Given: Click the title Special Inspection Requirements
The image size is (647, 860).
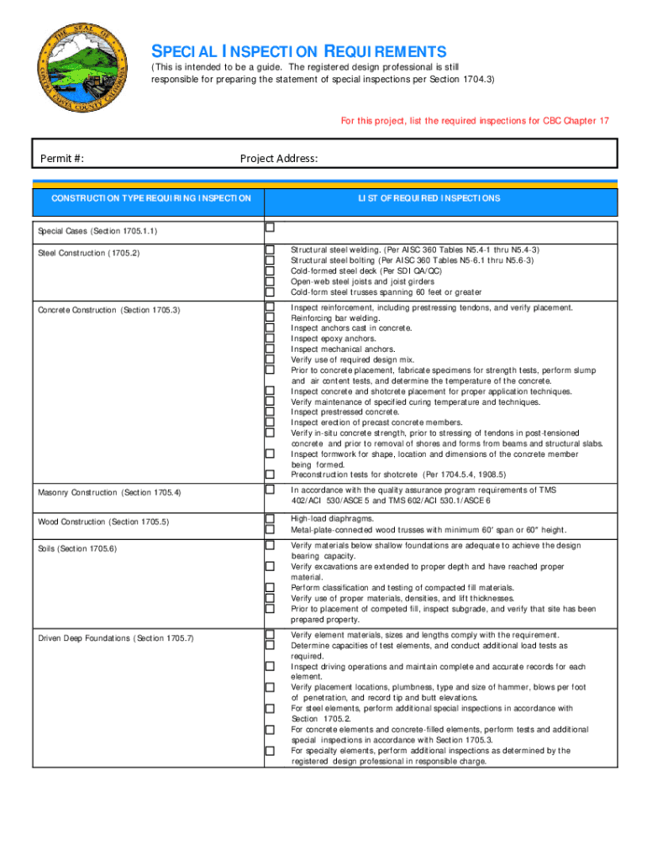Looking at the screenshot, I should tap(298, 51).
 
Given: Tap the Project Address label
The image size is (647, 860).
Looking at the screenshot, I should tap(279, 159).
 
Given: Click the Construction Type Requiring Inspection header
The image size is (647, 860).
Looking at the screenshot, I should tap(151, 198).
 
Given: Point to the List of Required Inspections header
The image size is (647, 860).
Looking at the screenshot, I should tap(429, 198).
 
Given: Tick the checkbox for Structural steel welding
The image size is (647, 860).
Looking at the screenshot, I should tap(271, 250).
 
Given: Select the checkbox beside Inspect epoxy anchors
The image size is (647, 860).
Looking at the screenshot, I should tap(271, 338).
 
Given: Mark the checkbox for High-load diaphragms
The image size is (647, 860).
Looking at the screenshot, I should tap(271, 519).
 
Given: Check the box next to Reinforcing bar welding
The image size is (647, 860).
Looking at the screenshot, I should tap(271, 317).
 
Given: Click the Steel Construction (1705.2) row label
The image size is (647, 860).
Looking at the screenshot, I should tap(88, 253).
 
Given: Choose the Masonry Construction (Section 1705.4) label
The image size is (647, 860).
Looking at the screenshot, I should tap(109, 492).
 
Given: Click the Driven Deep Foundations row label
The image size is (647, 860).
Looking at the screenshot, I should tap(116, 638).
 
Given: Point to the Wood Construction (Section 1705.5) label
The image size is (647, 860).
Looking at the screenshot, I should tap(103, 522).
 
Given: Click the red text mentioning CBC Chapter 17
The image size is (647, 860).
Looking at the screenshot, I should tap(475, 121).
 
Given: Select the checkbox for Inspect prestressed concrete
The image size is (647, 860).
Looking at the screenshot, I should tap(271, 412).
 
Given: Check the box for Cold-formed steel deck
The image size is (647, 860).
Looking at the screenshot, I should tap(271, 271).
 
